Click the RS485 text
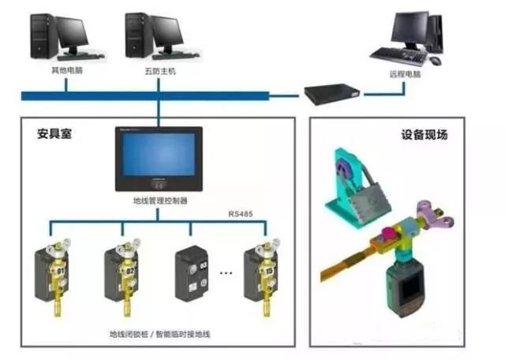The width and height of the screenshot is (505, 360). (241, 214)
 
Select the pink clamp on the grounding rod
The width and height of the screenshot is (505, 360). (389, 236)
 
